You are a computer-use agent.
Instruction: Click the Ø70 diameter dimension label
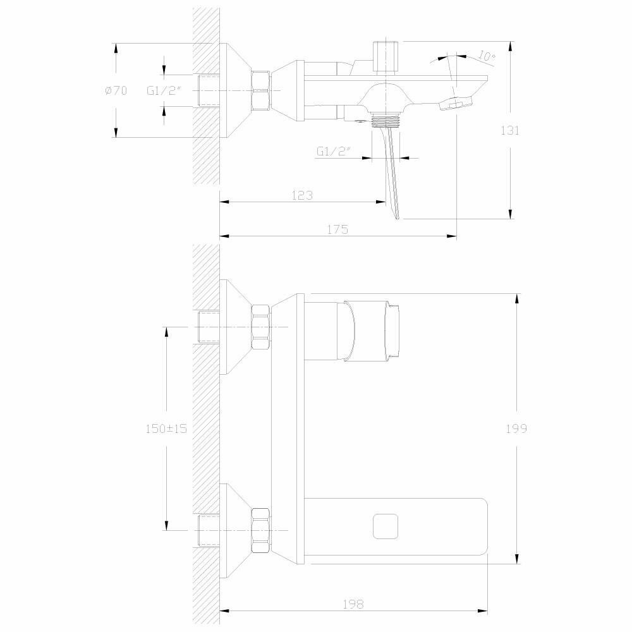click(116, 91)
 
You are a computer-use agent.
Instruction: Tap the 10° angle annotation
click(487, 56)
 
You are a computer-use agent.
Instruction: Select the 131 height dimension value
click(510, 131)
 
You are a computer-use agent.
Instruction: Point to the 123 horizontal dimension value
click(302, 196)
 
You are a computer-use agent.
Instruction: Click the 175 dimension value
click(337, 229)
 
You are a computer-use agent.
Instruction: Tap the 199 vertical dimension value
click(516, 428)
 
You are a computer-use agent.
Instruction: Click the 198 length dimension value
click(355, 604)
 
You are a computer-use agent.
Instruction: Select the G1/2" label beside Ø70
click(164, 91)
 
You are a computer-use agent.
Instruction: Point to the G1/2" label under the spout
click(334, 152)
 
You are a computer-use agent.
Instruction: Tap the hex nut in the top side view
click(260, 90)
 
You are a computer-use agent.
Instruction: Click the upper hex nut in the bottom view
click(260, 327)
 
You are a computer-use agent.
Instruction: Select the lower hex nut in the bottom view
click(260, 530)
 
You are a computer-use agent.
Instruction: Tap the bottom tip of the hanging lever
click(398, 217)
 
